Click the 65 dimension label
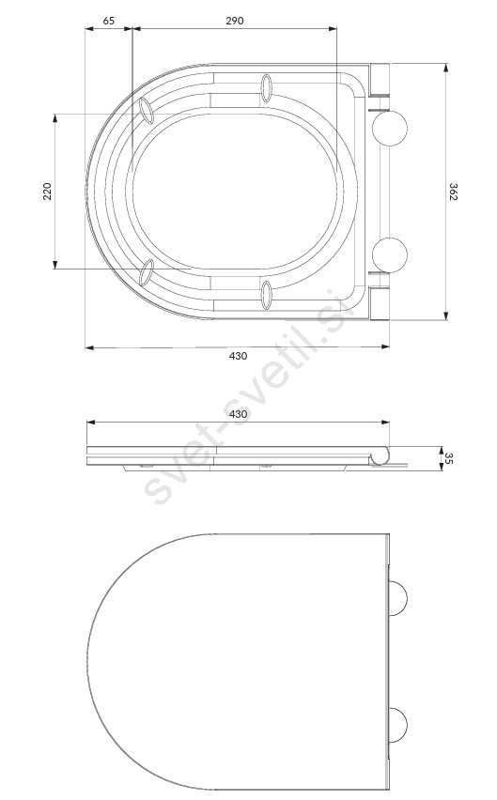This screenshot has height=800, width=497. [x=109, y=21]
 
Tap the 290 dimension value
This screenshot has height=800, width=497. [x=235, y=21]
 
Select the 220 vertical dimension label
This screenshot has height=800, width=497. [x=48, y=191]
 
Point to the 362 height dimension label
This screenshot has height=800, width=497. [x=453, y=192]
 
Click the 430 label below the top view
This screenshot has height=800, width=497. [x=238, y=356]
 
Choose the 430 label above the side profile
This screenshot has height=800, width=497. [x=238, y=414]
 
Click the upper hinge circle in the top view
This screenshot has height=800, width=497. [x=390, y=128]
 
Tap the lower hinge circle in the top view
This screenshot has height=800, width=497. [x=390, y=254]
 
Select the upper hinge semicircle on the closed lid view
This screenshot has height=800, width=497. [x=399, y=597]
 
